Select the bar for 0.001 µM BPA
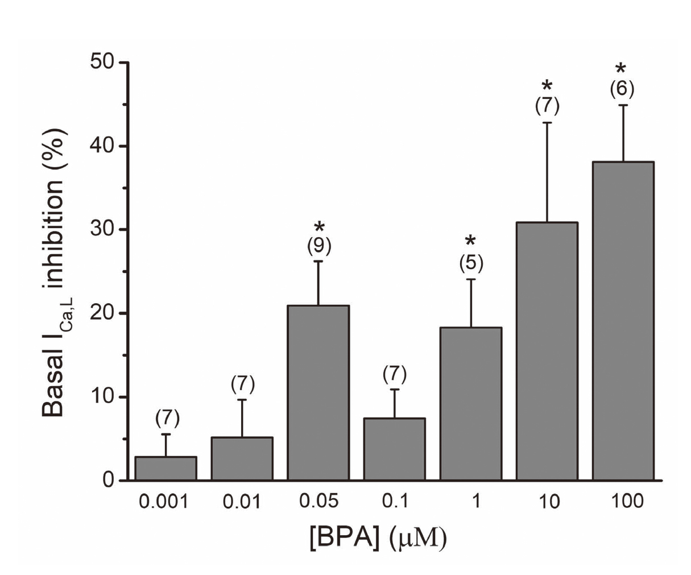[166, 469]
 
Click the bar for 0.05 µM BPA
[318, 392]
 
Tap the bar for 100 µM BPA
[623, 321]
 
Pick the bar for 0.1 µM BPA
[395, 449]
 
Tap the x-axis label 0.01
[242, 502]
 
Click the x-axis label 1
[475, 502]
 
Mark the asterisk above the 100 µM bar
[620, 69]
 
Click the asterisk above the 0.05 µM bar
[320, 227]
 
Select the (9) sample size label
[319, 246]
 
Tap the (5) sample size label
[471, 263]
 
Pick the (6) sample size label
[622, 89]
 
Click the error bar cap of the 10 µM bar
[547, 122]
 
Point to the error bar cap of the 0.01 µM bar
[242, 400]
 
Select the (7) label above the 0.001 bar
[167, 418]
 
